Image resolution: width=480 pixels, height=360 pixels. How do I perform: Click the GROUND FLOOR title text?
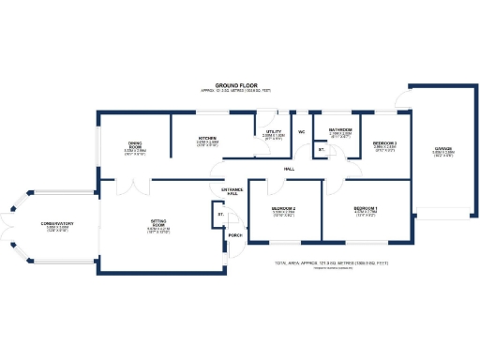point(235,84)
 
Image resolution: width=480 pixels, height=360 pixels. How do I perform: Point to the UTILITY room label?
point(274,132)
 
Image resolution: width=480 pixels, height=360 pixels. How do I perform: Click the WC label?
point(302,132)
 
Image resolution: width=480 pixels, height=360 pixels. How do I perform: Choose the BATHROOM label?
point(339,129)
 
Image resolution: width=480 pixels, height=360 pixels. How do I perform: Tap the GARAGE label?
point(443,148)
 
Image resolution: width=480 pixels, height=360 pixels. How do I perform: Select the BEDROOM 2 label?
point(284,208)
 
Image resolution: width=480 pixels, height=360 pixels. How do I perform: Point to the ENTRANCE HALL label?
point(232,191)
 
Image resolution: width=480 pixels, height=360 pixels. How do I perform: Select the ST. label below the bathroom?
point(322,149)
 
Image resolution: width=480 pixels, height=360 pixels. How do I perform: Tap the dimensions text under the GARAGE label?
point(443,155)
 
